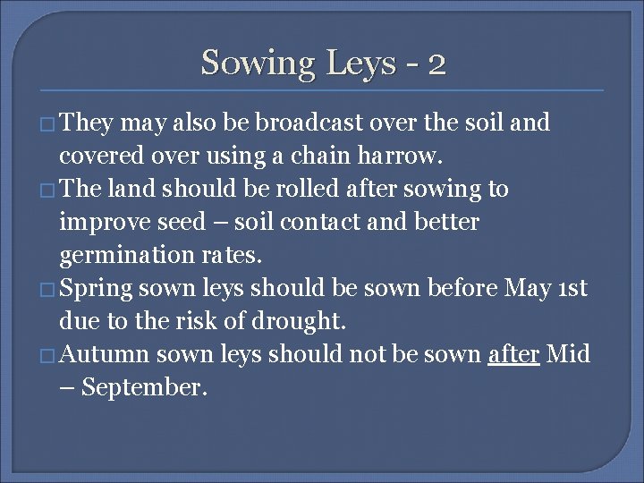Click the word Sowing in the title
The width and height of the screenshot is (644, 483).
click(258, 64)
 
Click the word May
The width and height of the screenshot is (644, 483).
click(528, 289)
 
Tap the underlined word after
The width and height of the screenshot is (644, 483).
click(513, 355)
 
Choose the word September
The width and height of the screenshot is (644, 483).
click(144, 388)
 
